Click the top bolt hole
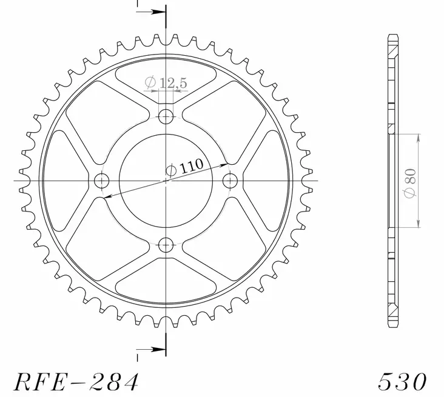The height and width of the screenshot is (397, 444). tap(166, 116)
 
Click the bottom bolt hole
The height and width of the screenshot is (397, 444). tap(166, 245)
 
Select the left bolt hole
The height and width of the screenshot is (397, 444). tap(101, 181)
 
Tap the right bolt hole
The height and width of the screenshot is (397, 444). tap(230, 181)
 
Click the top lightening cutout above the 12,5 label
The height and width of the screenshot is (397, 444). tap(166, 73)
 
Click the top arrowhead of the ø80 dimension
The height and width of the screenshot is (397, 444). tap(417, 137)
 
